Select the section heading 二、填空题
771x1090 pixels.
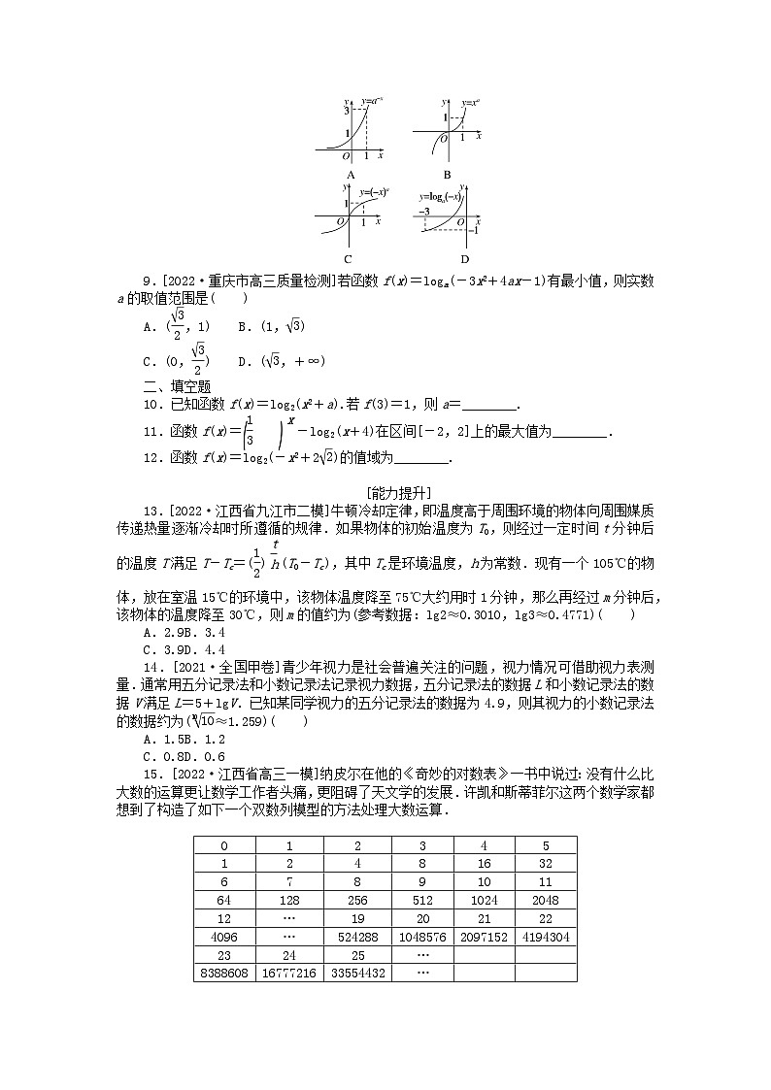[x=170, y=387]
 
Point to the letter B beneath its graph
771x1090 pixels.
[x=447, y=175]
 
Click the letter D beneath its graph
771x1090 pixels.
[x=464, y=259]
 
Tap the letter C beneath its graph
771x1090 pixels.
[x=348, y=259]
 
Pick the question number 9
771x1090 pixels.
[x=148, y=281]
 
